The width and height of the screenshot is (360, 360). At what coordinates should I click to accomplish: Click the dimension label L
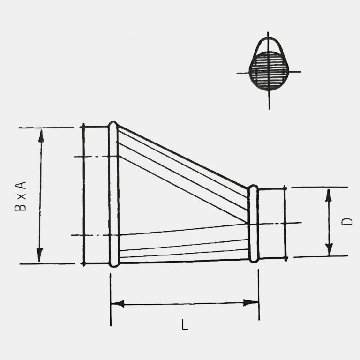click(x=185, y=325)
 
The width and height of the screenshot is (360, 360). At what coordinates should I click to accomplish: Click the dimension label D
click(x=347, y=221)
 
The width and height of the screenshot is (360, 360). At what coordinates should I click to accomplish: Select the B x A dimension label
click(x=20, y=196)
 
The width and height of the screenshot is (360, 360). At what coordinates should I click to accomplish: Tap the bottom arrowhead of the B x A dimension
click(x=40, y=255)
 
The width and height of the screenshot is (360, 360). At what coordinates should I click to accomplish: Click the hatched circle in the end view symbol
click(x=269, y=71)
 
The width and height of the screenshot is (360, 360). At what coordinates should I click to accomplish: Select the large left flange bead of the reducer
click(x=113, y=194)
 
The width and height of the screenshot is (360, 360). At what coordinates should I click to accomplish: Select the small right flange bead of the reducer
click(x=253, y=223)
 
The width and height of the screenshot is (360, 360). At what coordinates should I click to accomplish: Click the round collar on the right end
click(x=272, y=223)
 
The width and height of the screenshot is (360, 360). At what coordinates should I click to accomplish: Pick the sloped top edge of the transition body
click(x=183, y=157)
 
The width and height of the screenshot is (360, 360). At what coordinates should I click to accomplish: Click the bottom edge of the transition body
click(x=183, y=261)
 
